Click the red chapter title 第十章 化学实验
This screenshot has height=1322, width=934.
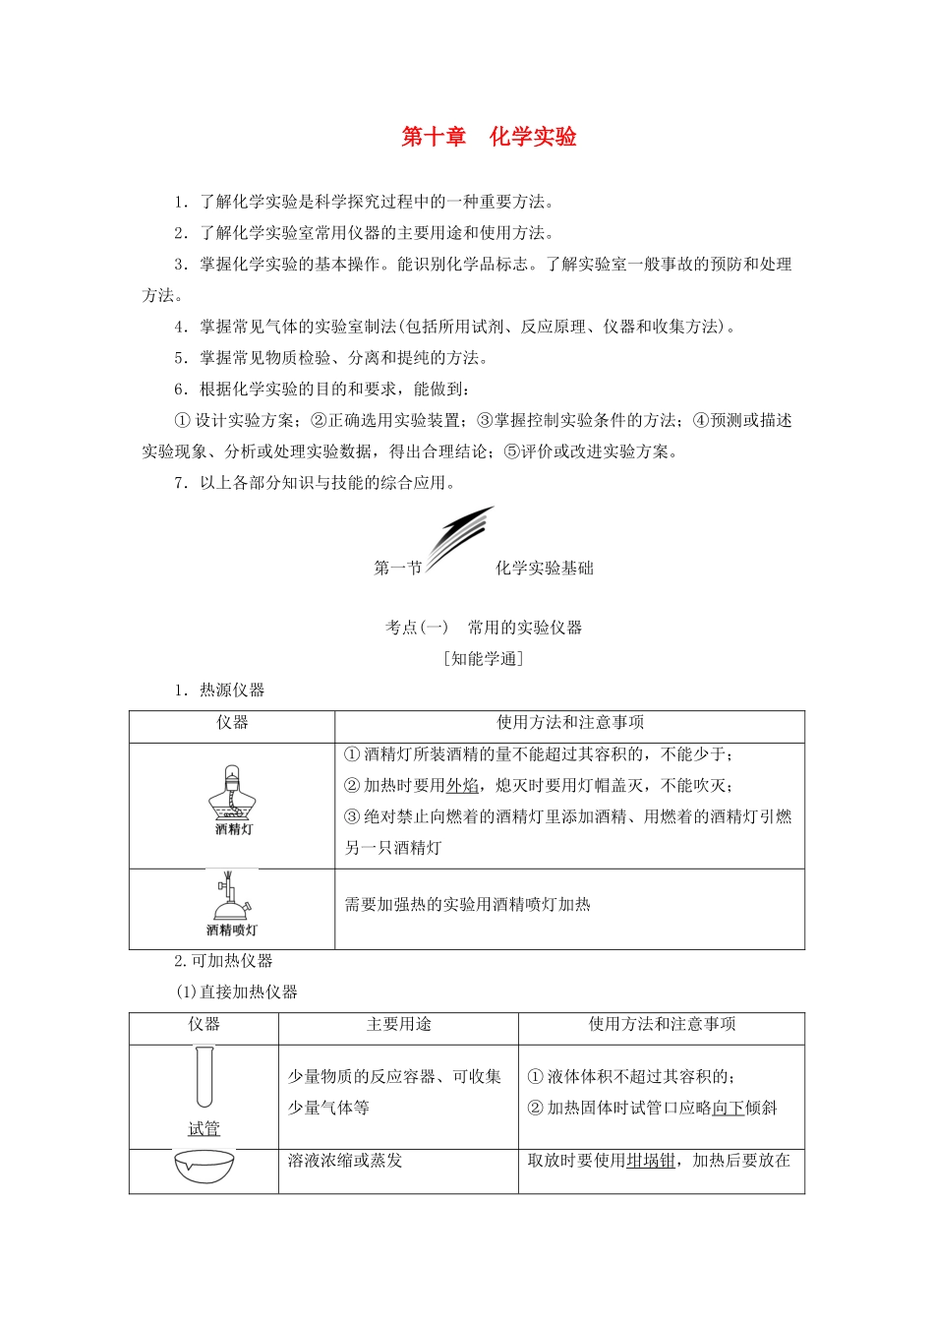[x=489, y=137]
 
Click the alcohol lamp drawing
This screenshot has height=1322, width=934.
[x=233, y=792]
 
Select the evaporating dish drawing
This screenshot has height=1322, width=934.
[x=204, y=1167]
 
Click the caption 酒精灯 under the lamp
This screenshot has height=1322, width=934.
[x=234, y=829]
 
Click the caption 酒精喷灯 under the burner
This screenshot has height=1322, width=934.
[x=232, y=931]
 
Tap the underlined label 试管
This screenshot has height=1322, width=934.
[x=204, y=1128]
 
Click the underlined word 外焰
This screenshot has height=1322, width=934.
[x=462, y=786]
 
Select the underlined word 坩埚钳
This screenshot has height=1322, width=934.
[x=651, y=1161]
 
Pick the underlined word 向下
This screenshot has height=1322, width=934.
[x=728, y=1109]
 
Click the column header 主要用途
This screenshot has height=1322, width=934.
[x=398, y=1025]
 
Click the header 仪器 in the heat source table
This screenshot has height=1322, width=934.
[x=232, y=723]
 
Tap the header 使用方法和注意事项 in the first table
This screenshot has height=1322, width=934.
[x=570, y=723]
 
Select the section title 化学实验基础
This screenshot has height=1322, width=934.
[x=544, y=569]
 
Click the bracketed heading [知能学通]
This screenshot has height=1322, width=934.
[x=484, y=659]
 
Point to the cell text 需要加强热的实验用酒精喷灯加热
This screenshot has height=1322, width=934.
[x=467, y=905]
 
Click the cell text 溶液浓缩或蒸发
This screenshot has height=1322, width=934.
[x=345, y=1161]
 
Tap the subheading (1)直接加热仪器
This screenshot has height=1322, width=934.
[x=237, y=992]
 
